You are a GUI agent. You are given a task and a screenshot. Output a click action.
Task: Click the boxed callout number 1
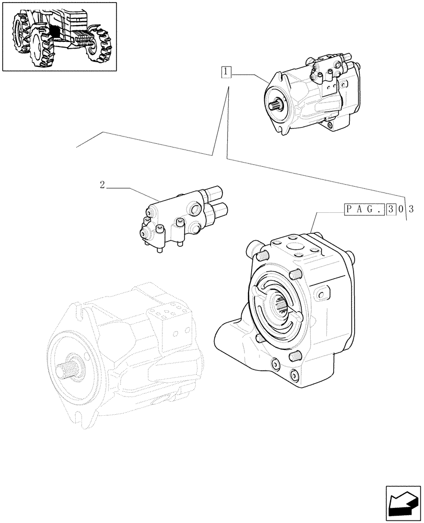pyautogui.click(x=226, y=72)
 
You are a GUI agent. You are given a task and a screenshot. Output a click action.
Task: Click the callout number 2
pyautogui.click(x=102, y=185)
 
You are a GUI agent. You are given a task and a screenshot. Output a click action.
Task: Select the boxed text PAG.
pyautogui.click(x=364, y=210)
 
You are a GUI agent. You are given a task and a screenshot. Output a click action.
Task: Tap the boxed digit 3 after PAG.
pyautogui.click(x=391, y=210)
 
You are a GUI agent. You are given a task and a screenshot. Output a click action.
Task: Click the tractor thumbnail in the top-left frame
pyautogui.click(x=59, y=36)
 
